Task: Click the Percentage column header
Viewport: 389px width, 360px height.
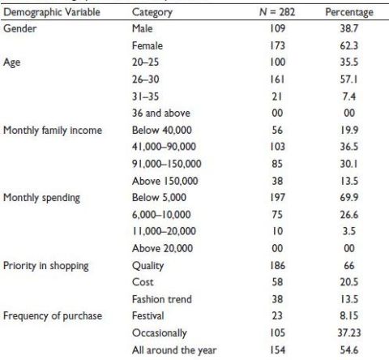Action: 349,12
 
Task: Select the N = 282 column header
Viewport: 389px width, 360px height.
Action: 277,12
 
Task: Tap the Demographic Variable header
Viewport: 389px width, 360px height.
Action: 52,12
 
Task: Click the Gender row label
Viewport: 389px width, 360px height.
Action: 19,28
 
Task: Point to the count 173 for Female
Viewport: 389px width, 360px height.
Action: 277,45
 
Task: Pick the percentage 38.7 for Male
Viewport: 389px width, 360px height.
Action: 349,28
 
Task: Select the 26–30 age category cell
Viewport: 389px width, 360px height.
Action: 146,79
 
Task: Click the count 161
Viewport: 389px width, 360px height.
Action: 277,79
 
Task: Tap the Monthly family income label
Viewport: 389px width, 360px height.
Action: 53,131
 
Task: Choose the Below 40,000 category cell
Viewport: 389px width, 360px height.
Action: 162,130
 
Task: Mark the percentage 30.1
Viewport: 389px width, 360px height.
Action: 349,164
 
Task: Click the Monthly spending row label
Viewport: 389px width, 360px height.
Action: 41,198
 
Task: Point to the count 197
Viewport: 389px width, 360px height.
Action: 277,197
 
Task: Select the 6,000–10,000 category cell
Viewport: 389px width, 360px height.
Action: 161,215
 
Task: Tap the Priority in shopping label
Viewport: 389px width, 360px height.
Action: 46,266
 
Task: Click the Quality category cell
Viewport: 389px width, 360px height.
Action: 147,266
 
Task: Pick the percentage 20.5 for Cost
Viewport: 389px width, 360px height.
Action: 349,282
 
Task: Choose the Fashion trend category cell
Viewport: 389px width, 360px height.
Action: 162,299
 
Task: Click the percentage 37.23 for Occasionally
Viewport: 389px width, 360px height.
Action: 349,332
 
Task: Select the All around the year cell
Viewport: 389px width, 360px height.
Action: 174,350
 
